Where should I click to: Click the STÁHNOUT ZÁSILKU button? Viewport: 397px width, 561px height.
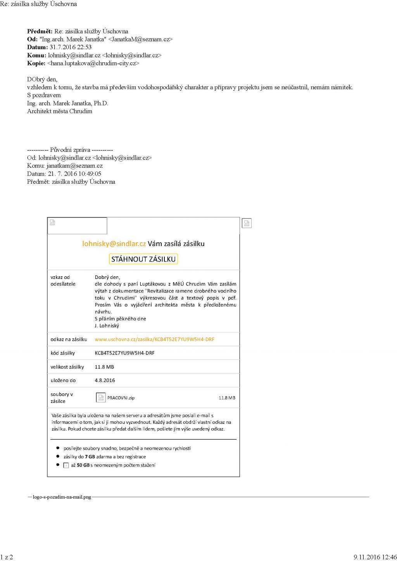143,259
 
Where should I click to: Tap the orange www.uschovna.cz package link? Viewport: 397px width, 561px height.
154,339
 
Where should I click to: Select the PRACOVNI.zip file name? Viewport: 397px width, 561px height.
121,398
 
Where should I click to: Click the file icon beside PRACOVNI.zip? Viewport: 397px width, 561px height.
101,398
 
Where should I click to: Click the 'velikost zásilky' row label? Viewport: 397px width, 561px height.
67,367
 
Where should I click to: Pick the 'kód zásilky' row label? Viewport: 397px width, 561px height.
63,353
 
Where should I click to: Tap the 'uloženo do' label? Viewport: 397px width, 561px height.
63,380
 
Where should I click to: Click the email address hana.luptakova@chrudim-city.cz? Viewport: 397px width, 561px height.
93,63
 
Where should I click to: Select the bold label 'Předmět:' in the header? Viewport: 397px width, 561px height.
40,31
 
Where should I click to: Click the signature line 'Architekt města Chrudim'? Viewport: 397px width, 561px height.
60,111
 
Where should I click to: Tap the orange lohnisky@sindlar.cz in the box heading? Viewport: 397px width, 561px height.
114,244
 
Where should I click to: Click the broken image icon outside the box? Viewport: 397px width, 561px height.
247,223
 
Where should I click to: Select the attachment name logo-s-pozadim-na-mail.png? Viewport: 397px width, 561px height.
62,497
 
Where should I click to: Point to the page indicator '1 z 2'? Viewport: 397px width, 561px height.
7,557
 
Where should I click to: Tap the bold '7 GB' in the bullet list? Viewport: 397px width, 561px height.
90,457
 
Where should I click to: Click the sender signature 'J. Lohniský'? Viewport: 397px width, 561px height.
107,326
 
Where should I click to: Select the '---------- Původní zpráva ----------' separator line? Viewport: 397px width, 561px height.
70,150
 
